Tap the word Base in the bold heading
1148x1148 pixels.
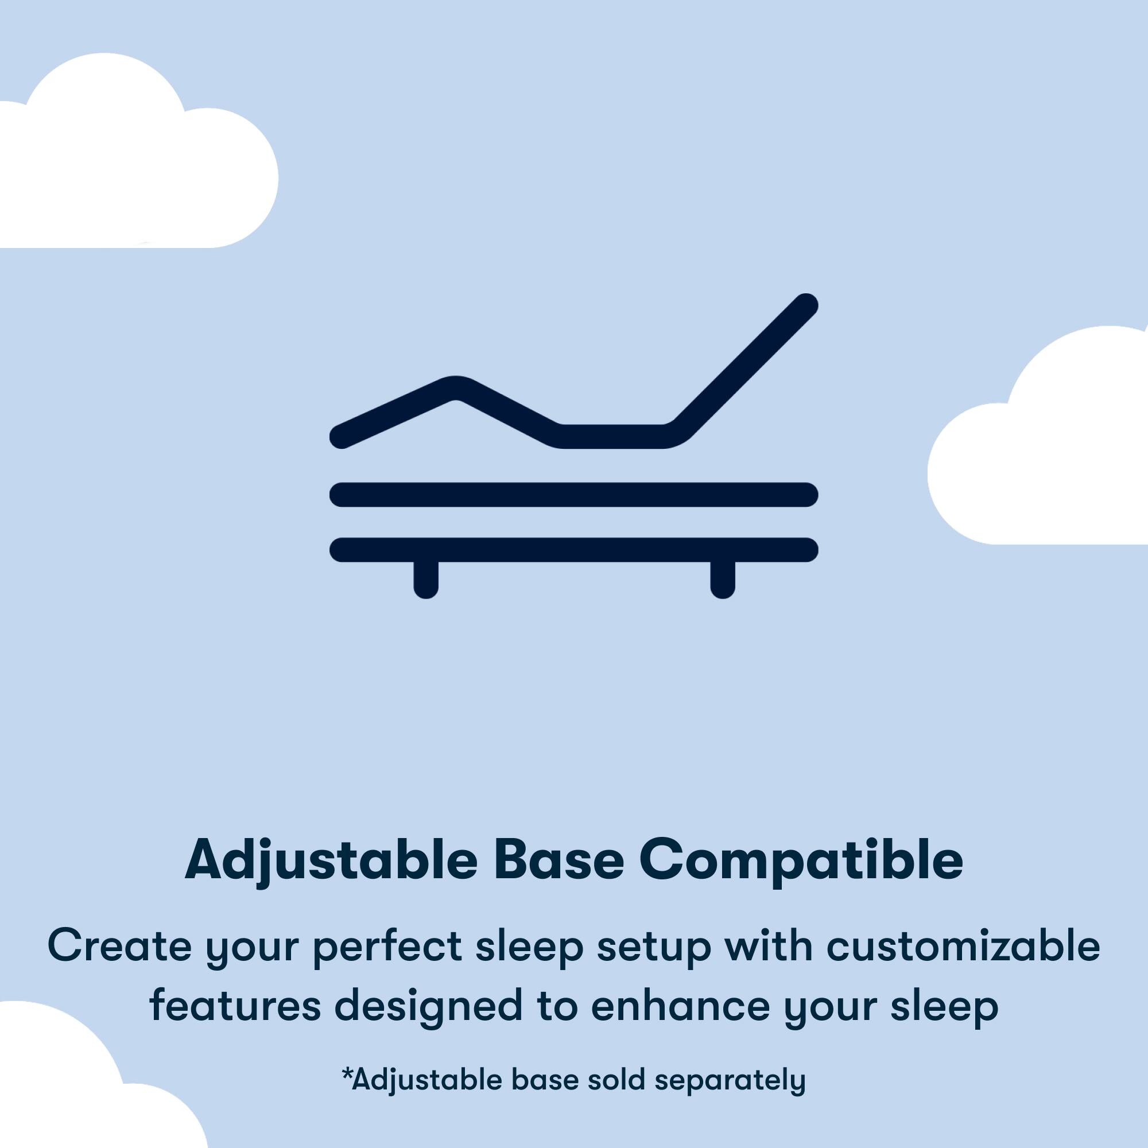(559, 862)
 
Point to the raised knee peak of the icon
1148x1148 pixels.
(455, 388)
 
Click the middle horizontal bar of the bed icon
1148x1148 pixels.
(573, 494)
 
